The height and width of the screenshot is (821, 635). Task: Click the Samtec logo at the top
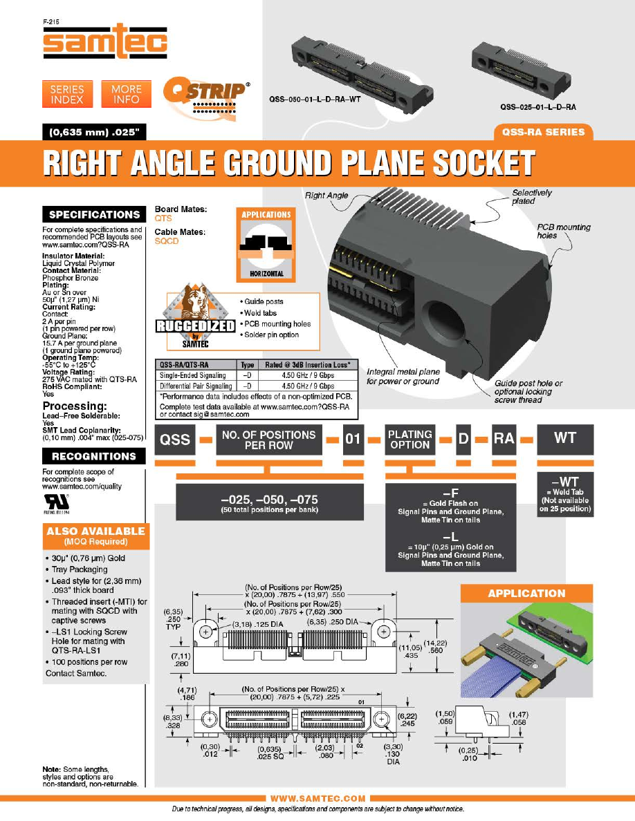[x=105, y=42]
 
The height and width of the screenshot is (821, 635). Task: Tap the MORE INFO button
[x=126, y=94]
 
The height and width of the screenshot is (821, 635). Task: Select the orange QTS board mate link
[x=163, y=218]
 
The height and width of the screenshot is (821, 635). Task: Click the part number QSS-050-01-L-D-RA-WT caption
[x=315, y=99]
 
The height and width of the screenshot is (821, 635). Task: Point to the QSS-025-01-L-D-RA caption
[x=538, y=107]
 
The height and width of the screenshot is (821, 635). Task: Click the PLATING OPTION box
[x=409, y=440]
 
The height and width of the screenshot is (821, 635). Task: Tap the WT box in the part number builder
[x=565, y=438]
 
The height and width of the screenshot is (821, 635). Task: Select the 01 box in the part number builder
[x=353, y=440]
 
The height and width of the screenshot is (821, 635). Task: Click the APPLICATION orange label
[x=526, y=593]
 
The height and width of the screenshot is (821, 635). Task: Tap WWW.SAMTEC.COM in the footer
[x=317, y=798]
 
